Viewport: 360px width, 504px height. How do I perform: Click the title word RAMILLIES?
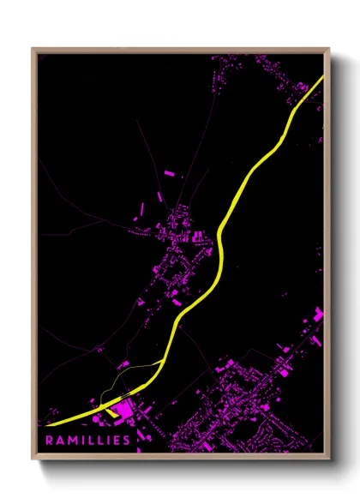(89, 441)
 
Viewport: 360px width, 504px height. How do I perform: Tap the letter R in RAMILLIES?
(50, 441)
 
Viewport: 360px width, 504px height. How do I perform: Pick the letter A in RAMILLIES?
(59, 441)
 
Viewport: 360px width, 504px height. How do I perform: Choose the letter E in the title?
(118, 441)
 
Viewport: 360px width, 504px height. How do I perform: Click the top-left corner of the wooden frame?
(33, 49)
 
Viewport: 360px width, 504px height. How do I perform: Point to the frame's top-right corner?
(330, 49)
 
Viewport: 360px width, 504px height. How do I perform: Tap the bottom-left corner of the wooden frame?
(33, 459)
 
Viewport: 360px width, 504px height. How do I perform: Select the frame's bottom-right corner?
(330, 459)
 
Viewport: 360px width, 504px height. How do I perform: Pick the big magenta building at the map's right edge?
(319, 315)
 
